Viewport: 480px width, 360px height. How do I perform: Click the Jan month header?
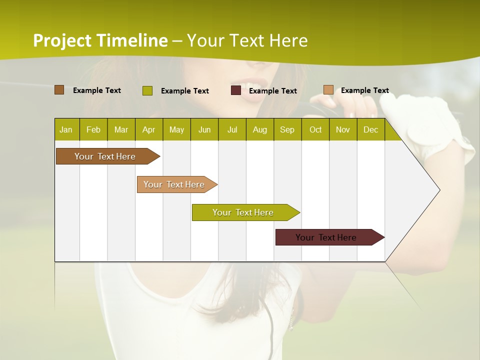pos(66,129)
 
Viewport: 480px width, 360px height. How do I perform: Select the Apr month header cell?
pos(148,129)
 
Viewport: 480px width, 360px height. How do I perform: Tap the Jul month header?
pos(232,129)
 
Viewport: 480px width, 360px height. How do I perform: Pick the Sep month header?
pos(287,129)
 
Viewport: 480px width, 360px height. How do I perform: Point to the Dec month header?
pos(370,129)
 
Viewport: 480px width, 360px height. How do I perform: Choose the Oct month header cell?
pos(315,129)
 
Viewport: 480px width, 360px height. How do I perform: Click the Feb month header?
pos(93,129)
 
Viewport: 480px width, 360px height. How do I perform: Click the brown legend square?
pos(59,90)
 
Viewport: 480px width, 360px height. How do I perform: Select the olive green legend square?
pos(147,90)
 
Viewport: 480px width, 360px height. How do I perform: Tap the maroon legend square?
pos(236,90)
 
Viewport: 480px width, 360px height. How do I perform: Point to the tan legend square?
pos(328,90)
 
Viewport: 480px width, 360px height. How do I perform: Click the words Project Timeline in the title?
pos(100,40)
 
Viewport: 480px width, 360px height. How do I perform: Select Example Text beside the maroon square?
pos(272,91)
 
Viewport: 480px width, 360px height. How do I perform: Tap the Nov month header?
pos(342,129)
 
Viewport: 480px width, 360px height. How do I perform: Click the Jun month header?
pos(204,129)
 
